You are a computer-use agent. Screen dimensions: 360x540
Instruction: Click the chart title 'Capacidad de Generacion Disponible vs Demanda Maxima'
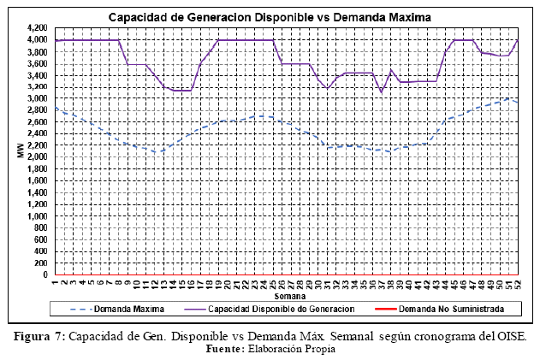(270, 17)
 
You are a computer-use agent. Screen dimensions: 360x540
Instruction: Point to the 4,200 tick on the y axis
(36, 28)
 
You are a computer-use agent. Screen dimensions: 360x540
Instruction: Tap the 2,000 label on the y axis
(36, 157)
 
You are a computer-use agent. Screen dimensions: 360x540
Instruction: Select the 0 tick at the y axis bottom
(45, 275)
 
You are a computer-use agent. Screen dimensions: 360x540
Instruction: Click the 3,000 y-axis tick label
(36, 98)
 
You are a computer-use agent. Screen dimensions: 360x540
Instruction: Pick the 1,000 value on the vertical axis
(36, 216)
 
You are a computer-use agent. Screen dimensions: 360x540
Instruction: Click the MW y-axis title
(19, 152)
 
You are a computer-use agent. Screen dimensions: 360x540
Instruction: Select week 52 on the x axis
(516, 285)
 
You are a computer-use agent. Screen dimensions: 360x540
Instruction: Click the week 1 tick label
(55, 283)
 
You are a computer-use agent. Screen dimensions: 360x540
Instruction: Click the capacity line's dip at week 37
(381, 92)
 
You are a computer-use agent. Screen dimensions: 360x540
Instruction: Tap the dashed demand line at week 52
(516, 103)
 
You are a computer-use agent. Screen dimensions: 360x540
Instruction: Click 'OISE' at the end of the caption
(507, 336)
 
